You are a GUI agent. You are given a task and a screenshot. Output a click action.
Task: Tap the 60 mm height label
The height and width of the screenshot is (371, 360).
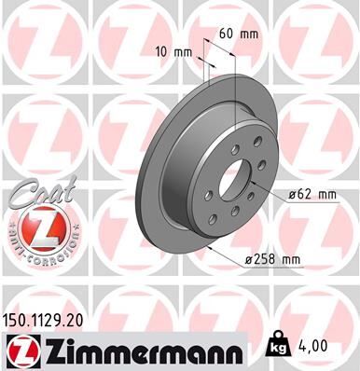[x=239, y=34]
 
